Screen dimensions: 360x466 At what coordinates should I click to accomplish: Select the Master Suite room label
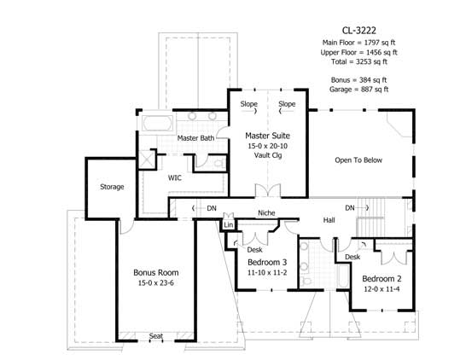[x=265, y=136]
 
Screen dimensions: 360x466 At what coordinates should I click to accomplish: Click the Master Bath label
[x=196, y=137]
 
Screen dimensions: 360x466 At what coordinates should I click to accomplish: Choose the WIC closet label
[x=174, y=178]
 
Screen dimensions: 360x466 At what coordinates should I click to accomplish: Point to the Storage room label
[x=112, y=187]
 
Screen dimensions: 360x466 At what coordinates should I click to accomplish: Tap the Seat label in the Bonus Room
[x=156, y=336]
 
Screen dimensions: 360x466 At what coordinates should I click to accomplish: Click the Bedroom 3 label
[x=267, y=262]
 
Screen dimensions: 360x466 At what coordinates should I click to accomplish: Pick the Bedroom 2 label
[x=382, y=279]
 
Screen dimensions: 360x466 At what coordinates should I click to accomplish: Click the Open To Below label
[x=358, y=160]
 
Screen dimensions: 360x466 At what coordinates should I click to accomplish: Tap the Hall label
[x=329, y=220]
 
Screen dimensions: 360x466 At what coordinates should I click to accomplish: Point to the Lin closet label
[x=228, y=225]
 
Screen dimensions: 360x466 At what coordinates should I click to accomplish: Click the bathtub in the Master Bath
[x=155, y=123]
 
